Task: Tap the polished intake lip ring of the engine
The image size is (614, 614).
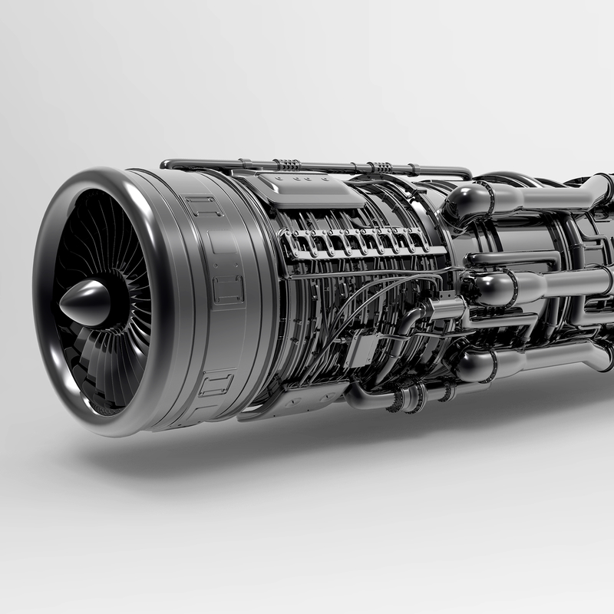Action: pyautogui.click(x=58, y=230)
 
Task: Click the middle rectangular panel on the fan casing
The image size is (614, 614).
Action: pyautogui.click(x=228, y=289)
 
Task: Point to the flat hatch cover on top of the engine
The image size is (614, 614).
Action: pyautogui.click(x=311, y=190)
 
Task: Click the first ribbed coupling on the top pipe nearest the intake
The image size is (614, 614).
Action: pyautogui.click(x=286, y=164)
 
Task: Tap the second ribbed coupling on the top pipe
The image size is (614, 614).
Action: pyautogui.click(x=380, y=168)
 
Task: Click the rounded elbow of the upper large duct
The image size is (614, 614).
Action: pyautogui.click(x=464, y=203)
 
